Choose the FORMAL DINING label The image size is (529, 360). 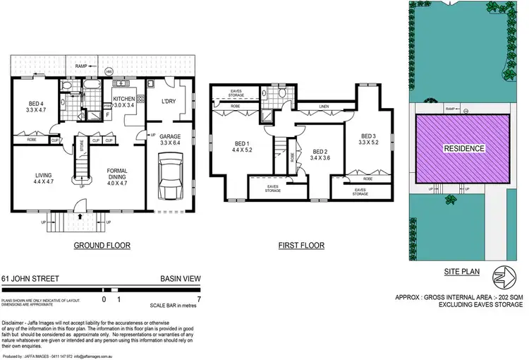[116, 174]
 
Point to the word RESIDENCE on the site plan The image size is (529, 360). [464, 148]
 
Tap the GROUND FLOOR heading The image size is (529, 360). [102, 246]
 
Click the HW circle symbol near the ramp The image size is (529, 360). [109, 71]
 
